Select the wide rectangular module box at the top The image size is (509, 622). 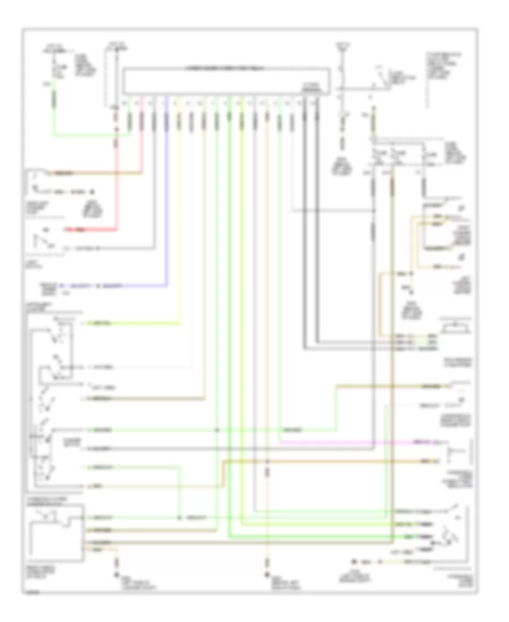226,80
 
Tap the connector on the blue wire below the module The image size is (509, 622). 166,121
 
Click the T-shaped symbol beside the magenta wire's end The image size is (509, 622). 452,452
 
